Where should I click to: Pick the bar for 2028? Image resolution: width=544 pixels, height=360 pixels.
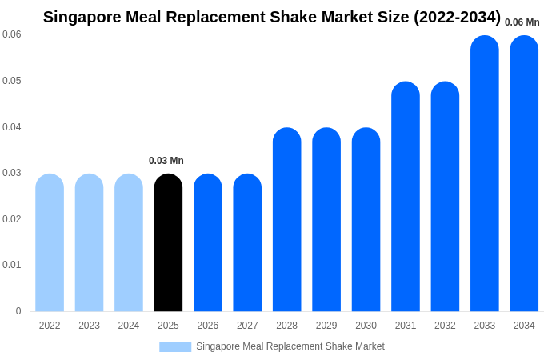tap(286, 220)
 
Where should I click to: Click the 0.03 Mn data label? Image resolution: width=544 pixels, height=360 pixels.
tap(166, 161)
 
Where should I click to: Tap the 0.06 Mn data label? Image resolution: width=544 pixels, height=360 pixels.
tap(522, 22)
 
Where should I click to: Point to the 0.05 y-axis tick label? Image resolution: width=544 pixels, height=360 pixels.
tap(12, 81)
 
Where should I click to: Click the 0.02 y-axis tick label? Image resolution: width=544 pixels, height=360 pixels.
tap(12, 219)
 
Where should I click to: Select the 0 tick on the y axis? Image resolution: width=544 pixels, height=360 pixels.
tap(18, 311)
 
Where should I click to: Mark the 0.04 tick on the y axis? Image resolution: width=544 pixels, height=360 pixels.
tap(12, 127)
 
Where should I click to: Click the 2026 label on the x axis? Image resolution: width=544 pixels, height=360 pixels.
tap(208, 326)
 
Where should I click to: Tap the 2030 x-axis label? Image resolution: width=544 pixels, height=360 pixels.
tap(366, 326)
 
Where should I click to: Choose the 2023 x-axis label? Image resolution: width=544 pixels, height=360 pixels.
tap(89, 326)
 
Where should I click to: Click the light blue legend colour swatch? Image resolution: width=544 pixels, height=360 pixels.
tap(175, 347)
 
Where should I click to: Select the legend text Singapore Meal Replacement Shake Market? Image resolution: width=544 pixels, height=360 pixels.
tap(290, 346)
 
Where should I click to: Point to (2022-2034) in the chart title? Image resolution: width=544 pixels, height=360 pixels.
tap(457, 17)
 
